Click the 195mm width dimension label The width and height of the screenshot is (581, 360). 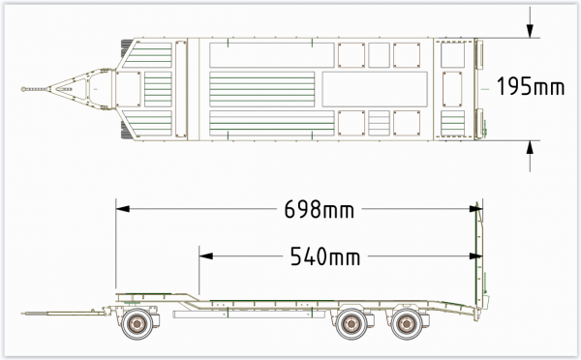coord(531,86)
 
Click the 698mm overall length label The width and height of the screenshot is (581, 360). coord(319,209)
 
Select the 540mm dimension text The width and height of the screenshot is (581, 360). coord(325,256)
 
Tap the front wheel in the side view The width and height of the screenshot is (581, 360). coord(138,324)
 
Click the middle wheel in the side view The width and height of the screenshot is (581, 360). coord(351,324)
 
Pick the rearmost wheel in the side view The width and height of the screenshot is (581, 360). coord(407,324)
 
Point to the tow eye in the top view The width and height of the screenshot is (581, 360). coord(24,89)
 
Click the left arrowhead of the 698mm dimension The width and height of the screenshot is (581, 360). coord(123,209)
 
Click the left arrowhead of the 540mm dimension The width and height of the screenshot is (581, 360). coord(206,255)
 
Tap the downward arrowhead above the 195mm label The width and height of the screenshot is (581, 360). coord(531,31)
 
